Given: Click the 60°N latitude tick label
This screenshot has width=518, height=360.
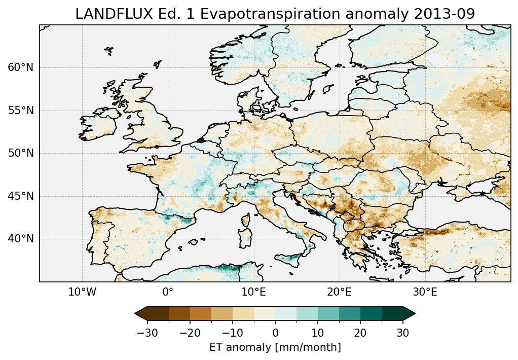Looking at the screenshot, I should (x=21, y=67).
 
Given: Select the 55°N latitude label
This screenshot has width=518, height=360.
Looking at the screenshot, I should (x=21, y=111).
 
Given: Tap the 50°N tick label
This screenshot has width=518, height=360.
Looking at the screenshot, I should (x=21, y=153).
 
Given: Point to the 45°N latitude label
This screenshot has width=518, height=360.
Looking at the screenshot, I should (x=21, y=196).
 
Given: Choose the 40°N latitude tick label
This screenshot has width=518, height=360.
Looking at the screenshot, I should (x=21, y=239).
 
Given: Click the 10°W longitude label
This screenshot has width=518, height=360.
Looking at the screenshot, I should (x=82, y=292).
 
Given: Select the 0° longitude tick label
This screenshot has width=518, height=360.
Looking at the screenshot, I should (x=168, y=292).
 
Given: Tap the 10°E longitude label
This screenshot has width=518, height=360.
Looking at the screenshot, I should (x=253, y=292).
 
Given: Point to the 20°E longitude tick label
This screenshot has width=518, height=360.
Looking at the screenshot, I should (x=339, y=292).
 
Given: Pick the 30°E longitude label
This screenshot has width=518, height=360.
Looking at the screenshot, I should (x=425, y=292).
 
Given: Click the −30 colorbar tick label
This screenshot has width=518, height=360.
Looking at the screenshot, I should (x=147, y=333).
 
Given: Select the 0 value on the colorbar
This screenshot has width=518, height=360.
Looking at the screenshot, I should (x=275, y=333).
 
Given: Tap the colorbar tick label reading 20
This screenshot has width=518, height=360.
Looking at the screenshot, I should (x=360, y=333).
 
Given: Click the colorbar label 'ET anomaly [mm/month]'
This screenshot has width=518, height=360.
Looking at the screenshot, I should (x=275, y=347).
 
